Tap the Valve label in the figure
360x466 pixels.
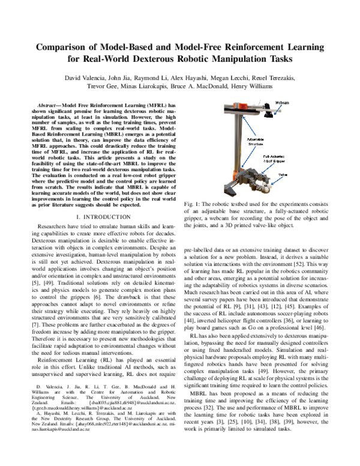(x=283, y=176)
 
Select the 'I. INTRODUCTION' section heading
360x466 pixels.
(x=98, y=216)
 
